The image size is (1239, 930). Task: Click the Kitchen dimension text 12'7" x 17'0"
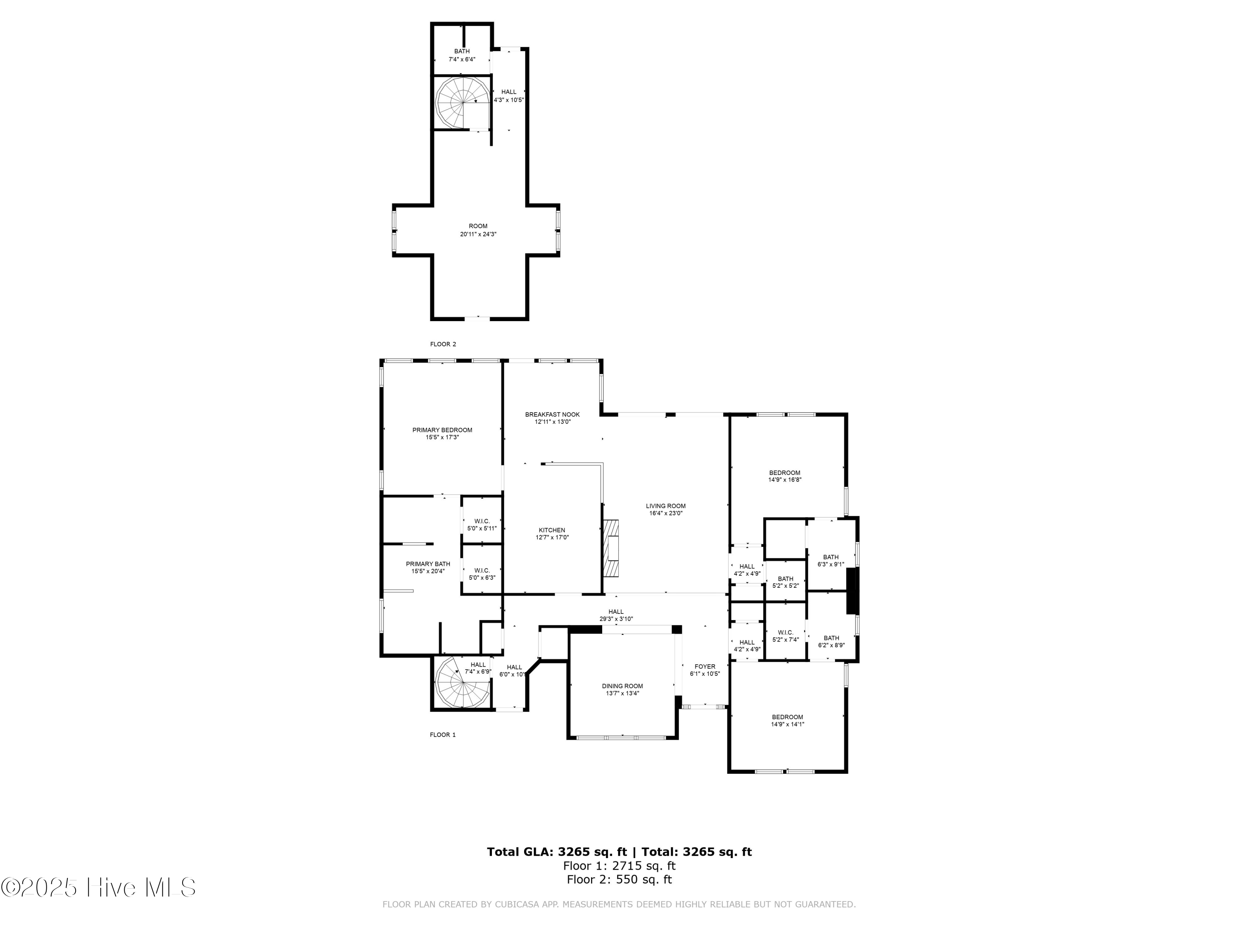(552, 537)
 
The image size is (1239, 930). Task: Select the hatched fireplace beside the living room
(612, 548)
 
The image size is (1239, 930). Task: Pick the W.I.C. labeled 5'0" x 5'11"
(482, 525)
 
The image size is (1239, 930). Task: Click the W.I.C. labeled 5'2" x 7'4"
(785, 636)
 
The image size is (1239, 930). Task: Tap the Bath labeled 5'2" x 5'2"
(785, 582)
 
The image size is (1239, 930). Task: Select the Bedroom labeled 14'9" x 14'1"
(787, 720)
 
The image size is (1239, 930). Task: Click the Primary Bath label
(428, 568)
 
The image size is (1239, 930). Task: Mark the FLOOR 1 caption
(442, 734)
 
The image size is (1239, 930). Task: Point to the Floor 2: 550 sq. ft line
(619, 880)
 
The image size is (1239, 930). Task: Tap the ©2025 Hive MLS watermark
(98, 887)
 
